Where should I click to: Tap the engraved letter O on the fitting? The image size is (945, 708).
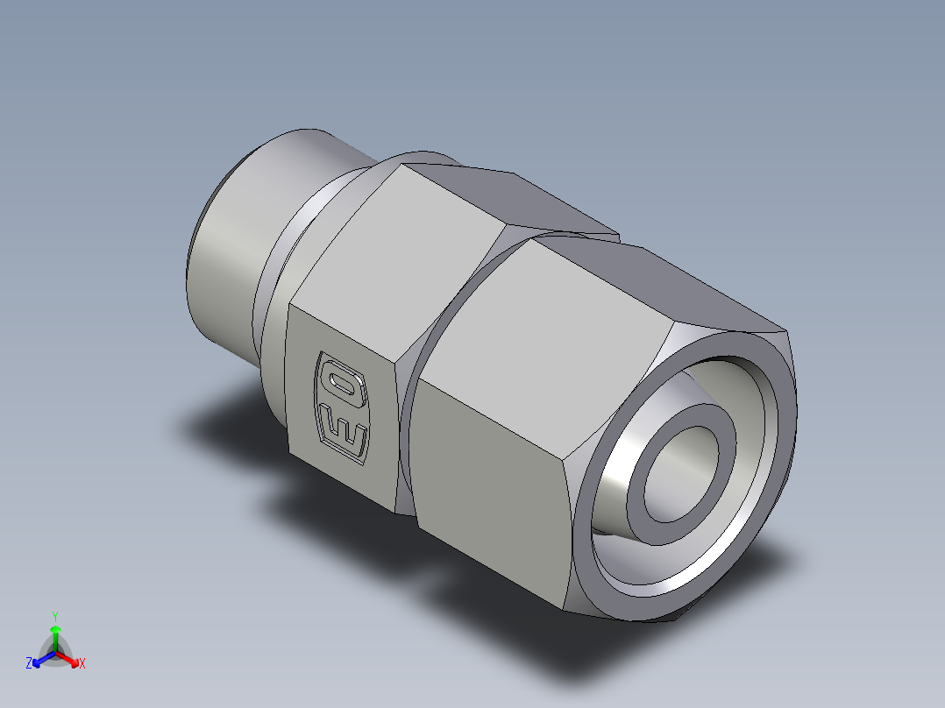[337, 379]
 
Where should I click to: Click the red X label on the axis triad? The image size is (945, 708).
[82, 664]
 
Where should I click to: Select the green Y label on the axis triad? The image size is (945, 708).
[55, 615]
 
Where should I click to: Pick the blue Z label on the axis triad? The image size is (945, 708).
[29, 664]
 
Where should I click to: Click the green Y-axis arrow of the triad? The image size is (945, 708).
[55, 635]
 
